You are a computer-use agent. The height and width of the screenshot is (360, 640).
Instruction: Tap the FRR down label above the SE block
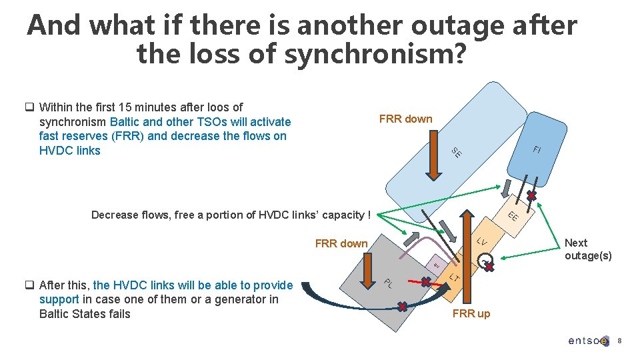(x=405, y=119)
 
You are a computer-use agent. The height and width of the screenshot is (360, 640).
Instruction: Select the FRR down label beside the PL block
(x=341, y=243)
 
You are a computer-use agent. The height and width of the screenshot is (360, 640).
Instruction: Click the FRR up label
(x=471, y=313)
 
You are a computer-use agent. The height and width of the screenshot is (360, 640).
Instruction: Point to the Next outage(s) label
(x=587, y=249)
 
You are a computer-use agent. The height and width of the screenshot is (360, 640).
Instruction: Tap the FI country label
(x=537, y=150)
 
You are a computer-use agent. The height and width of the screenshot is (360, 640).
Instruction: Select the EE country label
(x=513, y=217)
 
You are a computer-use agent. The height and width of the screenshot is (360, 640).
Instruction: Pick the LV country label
(x=482, y=242)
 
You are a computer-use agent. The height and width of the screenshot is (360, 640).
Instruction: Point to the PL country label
(x=387, y=283)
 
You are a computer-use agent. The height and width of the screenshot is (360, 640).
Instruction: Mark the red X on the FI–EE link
(x=531, y=196)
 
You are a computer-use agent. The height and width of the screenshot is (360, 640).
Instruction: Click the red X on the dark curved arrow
(x=402, y=307)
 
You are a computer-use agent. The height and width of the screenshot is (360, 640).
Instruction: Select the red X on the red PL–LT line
(x=425, y=282)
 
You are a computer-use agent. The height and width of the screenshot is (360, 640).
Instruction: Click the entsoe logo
(x=588, y=341)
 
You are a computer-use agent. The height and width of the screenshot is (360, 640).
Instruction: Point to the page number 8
(x=619, y=341)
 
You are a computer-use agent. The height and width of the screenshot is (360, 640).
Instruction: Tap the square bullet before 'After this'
(x=30, y=285)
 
